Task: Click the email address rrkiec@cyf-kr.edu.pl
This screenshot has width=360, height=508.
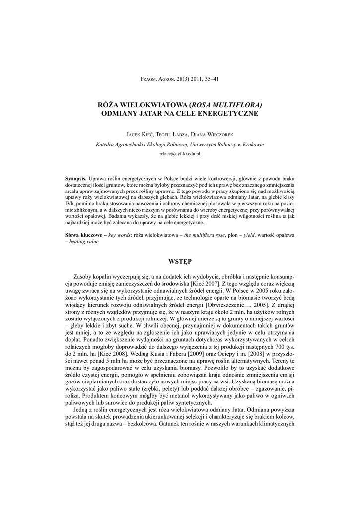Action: click(x=180, y=154)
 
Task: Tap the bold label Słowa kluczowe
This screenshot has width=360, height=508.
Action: click(x=83, y=234)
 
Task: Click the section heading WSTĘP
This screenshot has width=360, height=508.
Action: click(x=180, y=261)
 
